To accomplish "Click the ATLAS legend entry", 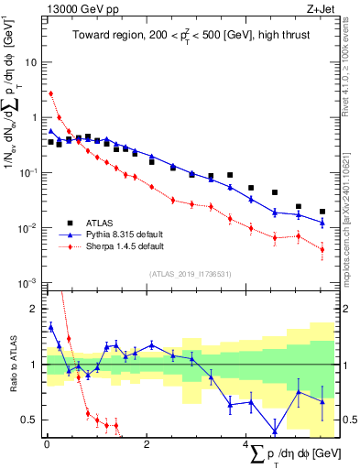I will click(x=101, y=223).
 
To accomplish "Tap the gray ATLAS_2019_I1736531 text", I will click(x=190, y=274).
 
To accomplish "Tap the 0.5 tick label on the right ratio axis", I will click(x=350, y=420).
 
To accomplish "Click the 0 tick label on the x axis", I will click(x=47, y=444).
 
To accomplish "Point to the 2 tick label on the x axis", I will click(x=147, y=444).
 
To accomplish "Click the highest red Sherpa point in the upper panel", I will click(x=51, y=93).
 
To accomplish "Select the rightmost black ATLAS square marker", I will click(x=322, y=212).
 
